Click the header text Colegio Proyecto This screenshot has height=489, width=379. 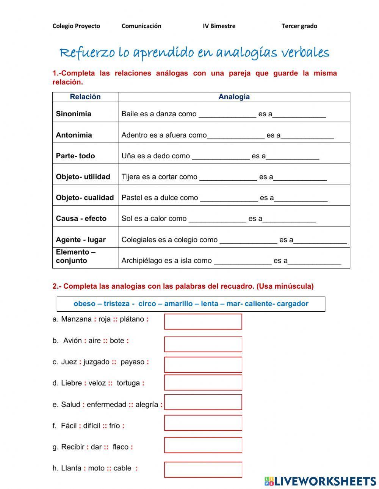click(76, 26)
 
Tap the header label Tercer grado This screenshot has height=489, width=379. click(299, 26)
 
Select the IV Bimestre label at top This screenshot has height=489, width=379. click(219, 26)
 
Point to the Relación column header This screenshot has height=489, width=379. click(85, 97)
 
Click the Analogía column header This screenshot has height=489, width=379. click(234, 97)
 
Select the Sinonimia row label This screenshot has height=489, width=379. click(74, 114)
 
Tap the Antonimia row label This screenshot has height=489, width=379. click(74, 135)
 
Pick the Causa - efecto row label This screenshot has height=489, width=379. click(81, 219)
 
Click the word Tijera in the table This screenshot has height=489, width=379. click(130, 177)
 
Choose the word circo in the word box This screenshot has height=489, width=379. click(147, 304)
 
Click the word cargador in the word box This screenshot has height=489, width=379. click(292, 304)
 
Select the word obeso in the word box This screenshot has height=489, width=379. click(85, 304)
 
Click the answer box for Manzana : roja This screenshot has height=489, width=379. click(203, 322)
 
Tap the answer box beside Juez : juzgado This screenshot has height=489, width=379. click(203, 364)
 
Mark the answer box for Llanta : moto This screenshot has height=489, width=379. click(203, 469)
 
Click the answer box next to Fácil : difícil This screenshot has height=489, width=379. click(203, 423)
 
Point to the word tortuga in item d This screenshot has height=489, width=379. click(128, 383)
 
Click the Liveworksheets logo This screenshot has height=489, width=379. click(320, 481)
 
